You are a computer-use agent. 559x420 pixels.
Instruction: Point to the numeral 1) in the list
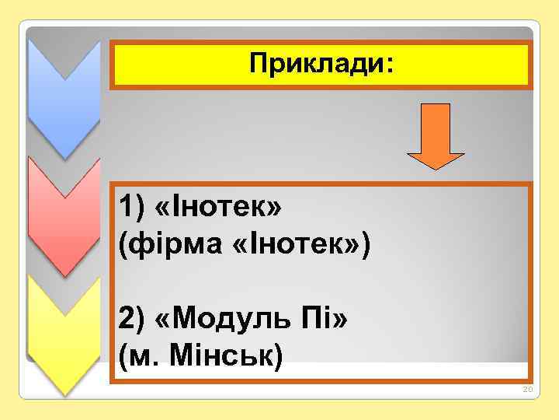(x=130, y=208)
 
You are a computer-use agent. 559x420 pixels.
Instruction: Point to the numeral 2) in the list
(x=130, y=318)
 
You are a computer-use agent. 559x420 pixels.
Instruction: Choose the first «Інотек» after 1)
(x=219, y=208)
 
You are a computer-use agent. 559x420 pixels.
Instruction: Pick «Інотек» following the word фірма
(x=295, y=247)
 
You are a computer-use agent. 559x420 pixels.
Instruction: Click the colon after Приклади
(x=388, y=67)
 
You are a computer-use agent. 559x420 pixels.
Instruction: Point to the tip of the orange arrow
(x=436, y=167)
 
